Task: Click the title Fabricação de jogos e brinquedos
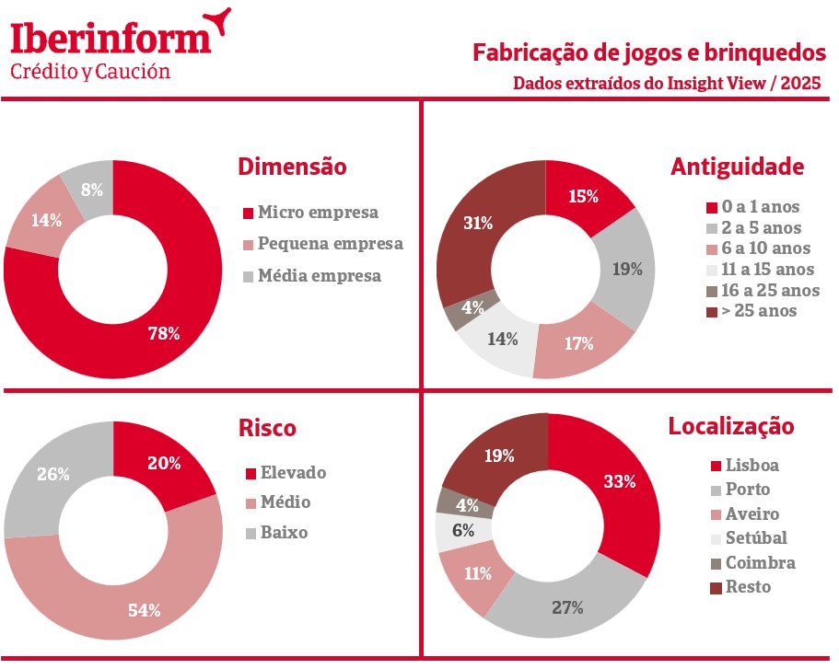pyautogui.click(x=648, y=52)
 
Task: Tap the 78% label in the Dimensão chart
pyautogui.click(x=164, y=334)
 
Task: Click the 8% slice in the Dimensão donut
pyautogui.click(x=91, y=190)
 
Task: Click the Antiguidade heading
pyautogui.click(x=737, y=167)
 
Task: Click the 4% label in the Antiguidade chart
pyautogui.click(x=473, y=308)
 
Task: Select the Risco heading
pyautogui.click(x=267, y=428)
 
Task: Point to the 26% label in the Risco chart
pyautogui.click(x=53, y=475)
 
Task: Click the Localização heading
pyautogui.click(x=730, y=427)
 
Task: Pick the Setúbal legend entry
pyautogui.click(x=755, y=537)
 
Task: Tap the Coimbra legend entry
pyautogui.click(x=759, y=562)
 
